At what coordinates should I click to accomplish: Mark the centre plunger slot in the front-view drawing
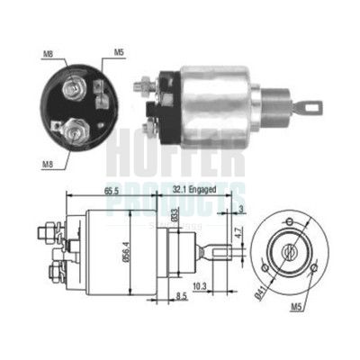(x=288, y=246)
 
